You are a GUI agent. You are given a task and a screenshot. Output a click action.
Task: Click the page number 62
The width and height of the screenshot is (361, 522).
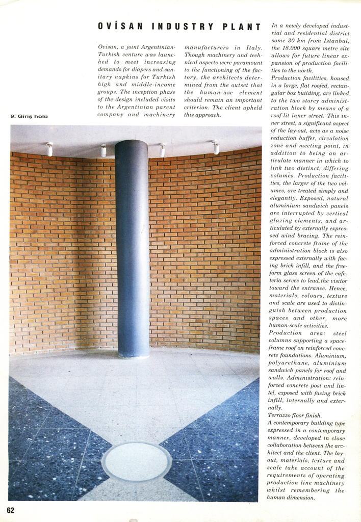click(x=11, y=510)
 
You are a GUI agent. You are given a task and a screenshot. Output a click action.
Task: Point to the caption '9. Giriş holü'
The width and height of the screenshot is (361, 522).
click(x=29, y=117)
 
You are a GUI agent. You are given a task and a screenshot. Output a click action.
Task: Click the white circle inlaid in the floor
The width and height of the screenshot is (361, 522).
click(x=136, y=461)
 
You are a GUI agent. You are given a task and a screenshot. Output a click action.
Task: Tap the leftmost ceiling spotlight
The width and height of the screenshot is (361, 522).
click(x=49, y=149)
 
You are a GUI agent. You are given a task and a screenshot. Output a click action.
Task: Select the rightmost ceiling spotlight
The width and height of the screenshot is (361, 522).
click(x=216, y=147)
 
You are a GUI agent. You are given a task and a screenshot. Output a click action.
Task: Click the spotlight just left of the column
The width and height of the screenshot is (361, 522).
click(x=104, y=150)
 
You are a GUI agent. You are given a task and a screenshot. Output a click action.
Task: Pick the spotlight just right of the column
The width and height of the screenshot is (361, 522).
click(x=162, y=150)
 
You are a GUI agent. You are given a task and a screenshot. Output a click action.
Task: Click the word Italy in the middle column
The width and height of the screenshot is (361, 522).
click(x=253, y=47)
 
